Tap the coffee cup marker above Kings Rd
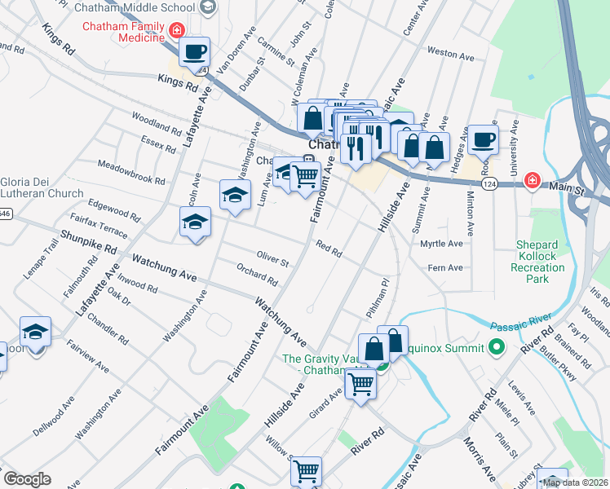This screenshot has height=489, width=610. coord(194,52)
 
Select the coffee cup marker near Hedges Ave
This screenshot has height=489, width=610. coord(483,139)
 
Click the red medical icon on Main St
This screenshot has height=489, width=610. coord(532,179)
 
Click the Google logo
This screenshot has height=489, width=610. coord(26,479)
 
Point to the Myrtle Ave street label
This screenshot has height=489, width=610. coord(441,244)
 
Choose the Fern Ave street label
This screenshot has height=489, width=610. coord(445,267)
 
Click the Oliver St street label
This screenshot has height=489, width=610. coord(273,261)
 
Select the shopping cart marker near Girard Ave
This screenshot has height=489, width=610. coord(360,382)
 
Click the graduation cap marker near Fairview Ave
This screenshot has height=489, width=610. coord(35,332)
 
